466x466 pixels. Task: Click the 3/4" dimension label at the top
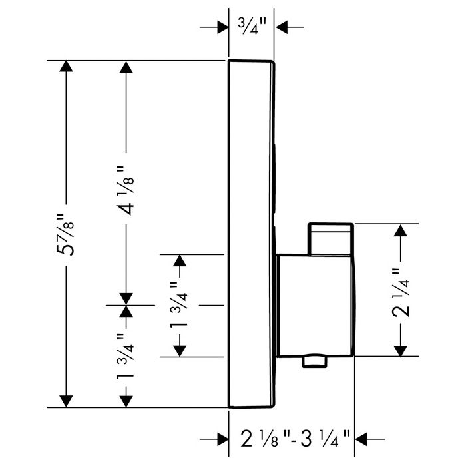click(x=251, y=26)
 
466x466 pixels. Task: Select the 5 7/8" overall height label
click(x=65, y=234)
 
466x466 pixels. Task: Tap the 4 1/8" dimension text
click(x=126, y=190)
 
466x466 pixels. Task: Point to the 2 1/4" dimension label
click(x=401, y=292)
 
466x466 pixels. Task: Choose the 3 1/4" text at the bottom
click(x=325, y=439)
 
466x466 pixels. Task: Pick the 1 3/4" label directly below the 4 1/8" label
click(x=125, y=357)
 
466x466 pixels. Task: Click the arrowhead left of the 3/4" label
click(x=222, y=27)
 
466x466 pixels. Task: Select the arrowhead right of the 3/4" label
click(x=282, y=27)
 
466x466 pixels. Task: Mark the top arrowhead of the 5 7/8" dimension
click(x=66, y=66)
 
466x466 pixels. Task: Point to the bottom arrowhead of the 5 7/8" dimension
click(x=66, y=401)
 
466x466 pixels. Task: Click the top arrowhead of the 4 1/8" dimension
click(x=126, y=67)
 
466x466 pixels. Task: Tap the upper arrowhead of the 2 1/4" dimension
click(x=400, y=230)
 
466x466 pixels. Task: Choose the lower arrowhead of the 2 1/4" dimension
click(x=400, y=351)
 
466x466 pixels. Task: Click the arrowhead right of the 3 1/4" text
click(x=361, y=439)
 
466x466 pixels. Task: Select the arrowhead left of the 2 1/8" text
click(x=222, y=439)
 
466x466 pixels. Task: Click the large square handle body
click(x=316, y=305)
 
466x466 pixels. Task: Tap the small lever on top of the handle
click(x=330, y=238)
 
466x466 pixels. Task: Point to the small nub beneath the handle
click(x=315, y=361)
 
